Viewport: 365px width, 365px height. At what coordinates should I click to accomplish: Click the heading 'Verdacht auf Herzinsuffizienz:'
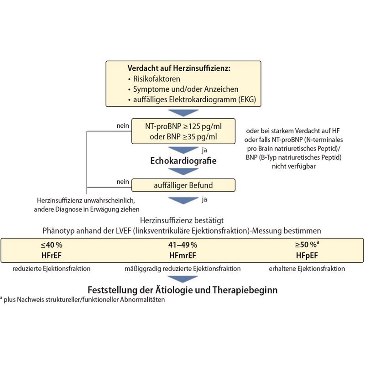coord(179,69)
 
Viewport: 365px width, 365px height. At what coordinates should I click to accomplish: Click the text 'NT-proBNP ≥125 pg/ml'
coord(183,126)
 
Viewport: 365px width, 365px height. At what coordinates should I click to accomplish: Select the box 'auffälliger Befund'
coord(183,185)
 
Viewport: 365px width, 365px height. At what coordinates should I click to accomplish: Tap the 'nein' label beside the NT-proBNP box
coord(122,126)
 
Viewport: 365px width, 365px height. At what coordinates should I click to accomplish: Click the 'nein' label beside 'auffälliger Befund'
coord(122,182)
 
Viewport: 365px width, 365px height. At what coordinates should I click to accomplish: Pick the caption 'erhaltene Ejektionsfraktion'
coord(313,269)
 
